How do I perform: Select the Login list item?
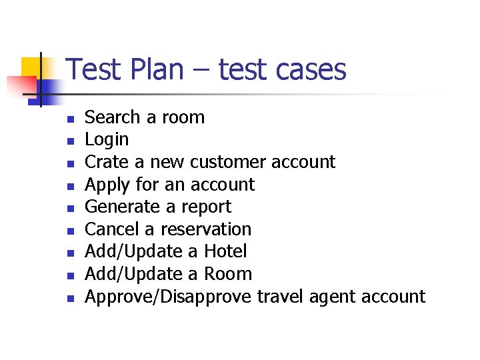click(x=107, y=140)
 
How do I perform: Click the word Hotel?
click(x=225, y=251)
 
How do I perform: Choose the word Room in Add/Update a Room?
click(x=228, y=274)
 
